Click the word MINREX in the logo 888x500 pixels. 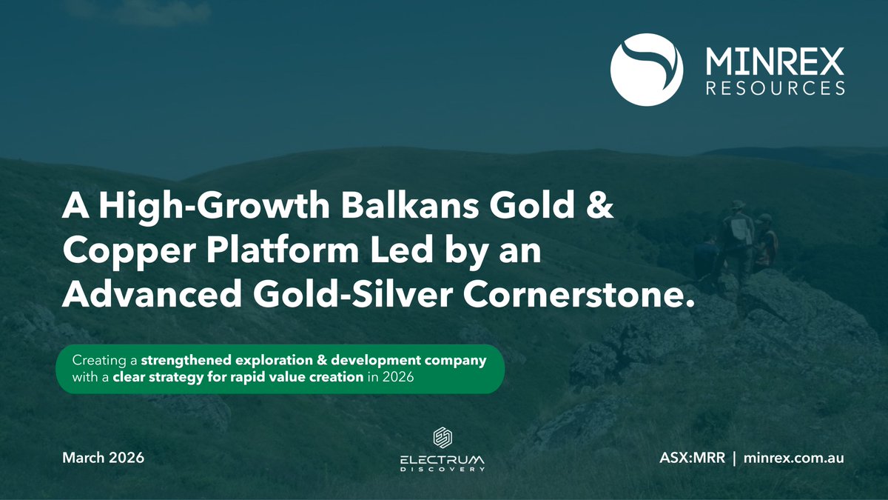774,59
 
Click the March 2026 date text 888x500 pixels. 103,458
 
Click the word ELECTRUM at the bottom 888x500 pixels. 443,459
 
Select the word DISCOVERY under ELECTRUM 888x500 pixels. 443,469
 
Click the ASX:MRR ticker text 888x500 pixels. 688,458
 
